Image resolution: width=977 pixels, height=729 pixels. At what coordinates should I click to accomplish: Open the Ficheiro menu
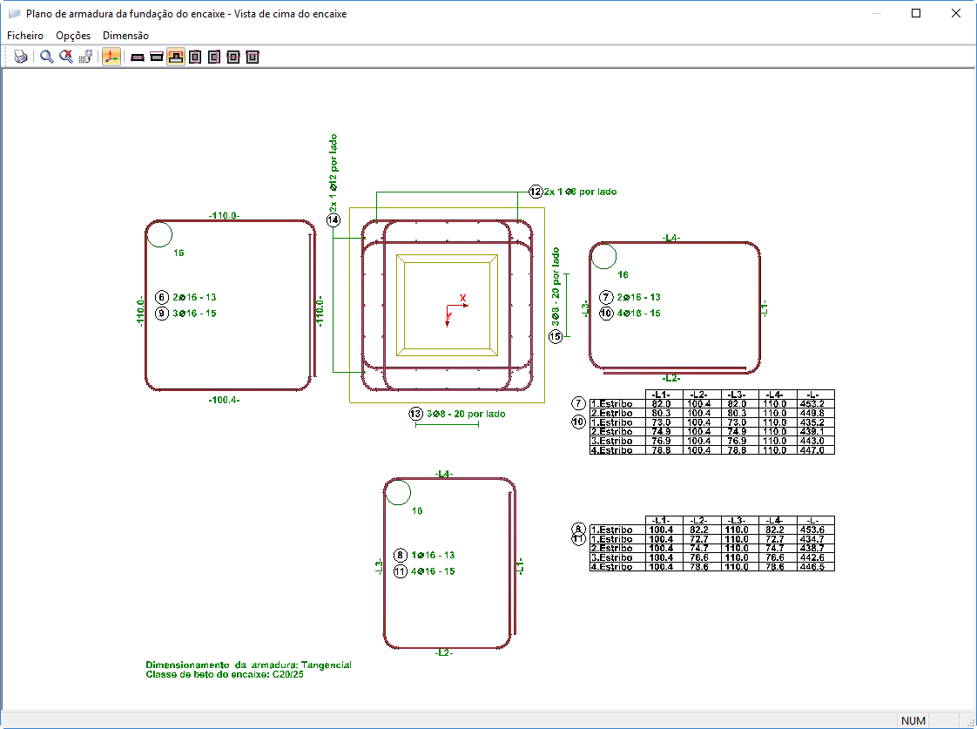coord(25,36)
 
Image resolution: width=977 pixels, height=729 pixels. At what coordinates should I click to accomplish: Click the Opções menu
coord(73,36)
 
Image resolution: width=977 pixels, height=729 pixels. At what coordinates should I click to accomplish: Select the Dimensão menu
coord(125,36)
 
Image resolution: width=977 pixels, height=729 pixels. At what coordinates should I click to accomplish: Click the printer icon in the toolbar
coord(21,57)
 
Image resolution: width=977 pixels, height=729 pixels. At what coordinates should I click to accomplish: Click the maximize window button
coord(916,14)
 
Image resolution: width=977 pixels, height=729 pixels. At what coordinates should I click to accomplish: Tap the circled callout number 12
coord(536,192)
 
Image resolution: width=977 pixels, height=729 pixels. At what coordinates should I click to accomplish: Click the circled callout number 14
coord(334,220)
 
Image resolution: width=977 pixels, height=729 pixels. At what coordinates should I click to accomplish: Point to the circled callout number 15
coord(556,336)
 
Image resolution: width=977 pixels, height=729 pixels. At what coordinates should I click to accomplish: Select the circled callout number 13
coord(415,414)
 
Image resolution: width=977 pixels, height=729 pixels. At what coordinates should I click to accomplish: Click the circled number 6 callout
coord(161,297)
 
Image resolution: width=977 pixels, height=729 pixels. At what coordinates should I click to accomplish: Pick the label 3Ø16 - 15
coord(194,313)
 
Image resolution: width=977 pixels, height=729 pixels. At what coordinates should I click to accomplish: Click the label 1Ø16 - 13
coord(433,555)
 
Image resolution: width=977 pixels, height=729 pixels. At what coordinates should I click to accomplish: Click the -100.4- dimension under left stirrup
coord(224,400)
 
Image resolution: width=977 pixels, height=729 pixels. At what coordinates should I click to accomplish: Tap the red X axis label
coord(463,298)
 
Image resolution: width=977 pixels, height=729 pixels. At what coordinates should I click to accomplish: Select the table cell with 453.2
coord(815,404)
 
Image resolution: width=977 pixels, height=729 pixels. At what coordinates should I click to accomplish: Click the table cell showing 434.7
coord(815,538)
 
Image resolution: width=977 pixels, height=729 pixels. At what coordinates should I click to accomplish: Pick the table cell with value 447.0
coord(815,449)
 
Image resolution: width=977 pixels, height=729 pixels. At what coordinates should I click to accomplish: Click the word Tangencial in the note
coord(326,665)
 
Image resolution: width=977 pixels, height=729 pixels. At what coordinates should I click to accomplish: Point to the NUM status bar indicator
coord(913,720)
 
